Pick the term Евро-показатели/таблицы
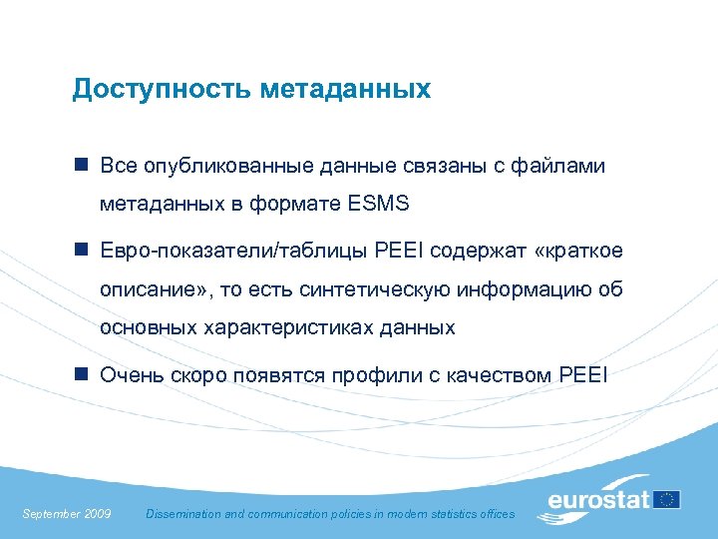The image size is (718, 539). tap(233, 251)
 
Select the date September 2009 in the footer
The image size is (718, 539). tap(66, 514)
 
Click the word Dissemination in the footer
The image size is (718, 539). tap(184, 514)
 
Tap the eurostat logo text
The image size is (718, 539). tap(597, 499)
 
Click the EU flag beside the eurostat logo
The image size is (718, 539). tap(667, 499)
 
